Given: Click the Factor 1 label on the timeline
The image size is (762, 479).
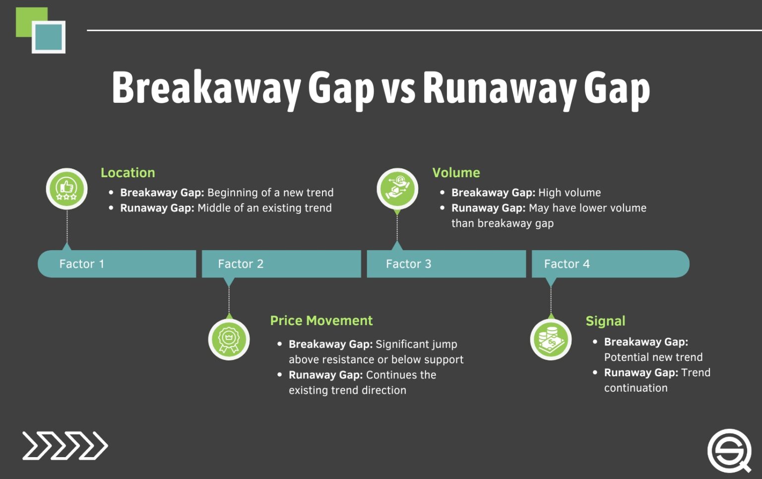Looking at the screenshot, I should click(x=82, y=264).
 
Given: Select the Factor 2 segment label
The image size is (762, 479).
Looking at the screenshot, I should click(x=241, y=264).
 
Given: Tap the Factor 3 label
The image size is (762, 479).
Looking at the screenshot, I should click(x=408, y=264).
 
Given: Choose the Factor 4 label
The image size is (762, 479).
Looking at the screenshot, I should click(x=567, y=264).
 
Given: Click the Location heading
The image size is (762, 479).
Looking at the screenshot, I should click(x=127, y=173).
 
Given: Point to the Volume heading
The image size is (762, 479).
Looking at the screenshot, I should click(x=456, y=173).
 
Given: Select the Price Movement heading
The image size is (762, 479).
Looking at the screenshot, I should click(x=321, y=321).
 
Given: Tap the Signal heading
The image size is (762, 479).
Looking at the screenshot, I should click(x=605, y=321).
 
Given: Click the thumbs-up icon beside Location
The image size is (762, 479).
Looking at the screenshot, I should click(x=66, y=189).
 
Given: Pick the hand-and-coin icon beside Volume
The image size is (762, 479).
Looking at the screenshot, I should click(x=397, y=189).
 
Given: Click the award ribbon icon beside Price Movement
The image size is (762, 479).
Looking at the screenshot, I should click(x=229, y=340).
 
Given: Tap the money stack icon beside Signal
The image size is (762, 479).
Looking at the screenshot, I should click(x=551, y=340).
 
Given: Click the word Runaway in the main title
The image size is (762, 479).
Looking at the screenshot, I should click(x=499, y=88).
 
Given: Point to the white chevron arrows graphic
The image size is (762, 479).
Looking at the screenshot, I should click(x=65, y=446).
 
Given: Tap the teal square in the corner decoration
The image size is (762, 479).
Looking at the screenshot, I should click(x=49, y=37).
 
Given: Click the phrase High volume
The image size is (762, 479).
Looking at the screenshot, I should click(x=570, y=193).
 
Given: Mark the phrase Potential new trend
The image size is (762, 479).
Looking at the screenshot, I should click(x=653, y=357).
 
